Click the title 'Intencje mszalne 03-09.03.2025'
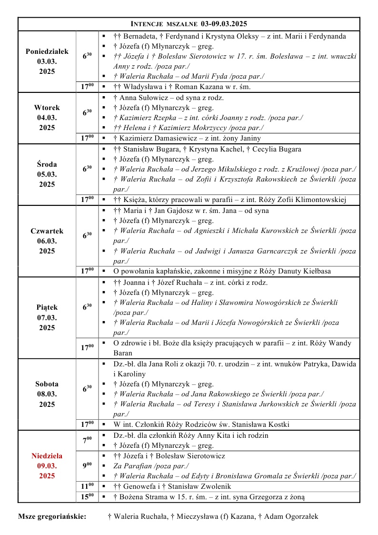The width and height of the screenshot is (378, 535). pyautogui.click(x=189, y=23)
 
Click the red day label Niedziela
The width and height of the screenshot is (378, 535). pyautogui.click(x=47, y=456)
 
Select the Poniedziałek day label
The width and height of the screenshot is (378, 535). pyautogui.click(x=47, y=51)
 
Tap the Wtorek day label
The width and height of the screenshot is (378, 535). pyautogui.click(x=47, y=108)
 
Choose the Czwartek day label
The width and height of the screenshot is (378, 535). pyautogui.click(x=47, y=231)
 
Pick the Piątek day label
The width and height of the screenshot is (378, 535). pyautogui.click(x=47, y=308)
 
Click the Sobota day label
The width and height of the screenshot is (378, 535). pyautogui.click(x=47, y=384)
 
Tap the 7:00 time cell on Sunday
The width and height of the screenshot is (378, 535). pyautogui.click(x=87, y=440)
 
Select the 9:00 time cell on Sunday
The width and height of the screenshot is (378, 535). pyautogui.click(x=87, y=465)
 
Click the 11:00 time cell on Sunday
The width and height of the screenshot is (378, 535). pyautogui.click(x=87, y=486)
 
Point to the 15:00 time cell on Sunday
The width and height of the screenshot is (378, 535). pyautogui.click(x=87, y=496)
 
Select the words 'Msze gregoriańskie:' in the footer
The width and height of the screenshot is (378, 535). pyautogui.click(x=52, y=516)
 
